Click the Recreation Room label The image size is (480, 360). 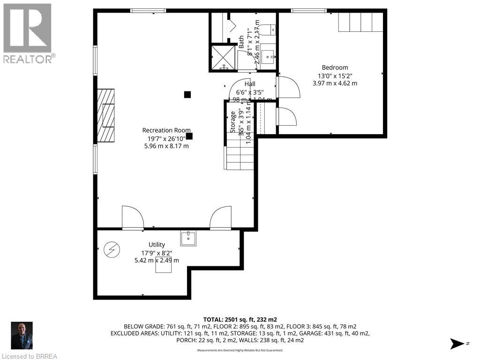(x=166, y=130)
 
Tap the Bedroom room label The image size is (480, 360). (x=335, y=67)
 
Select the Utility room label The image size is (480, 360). (x=157, y=245)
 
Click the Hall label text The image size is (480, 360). (x=250, y=84)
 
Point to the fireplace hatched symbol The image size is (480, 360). (x=105, y=115)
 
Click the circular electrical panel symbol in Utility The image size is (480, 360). (x=112, y=249)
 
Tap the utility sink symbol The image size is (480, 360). (x=188, y=238)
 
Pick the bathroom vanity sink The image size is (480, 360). (x=269, y=58)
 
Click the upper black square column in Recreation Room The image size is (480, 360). (x=187, y=94)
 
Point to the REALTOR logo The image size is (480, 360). (x=28, y=33)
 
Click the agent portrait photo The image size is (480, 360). (x=22, y=335)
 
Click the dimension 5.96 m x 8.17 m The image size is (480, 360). (x=166, y=146)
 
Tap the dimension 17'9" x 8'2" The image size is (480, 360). (x=157, y=253)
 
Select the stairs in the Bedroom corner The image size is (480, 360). (x=361, y=22)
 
